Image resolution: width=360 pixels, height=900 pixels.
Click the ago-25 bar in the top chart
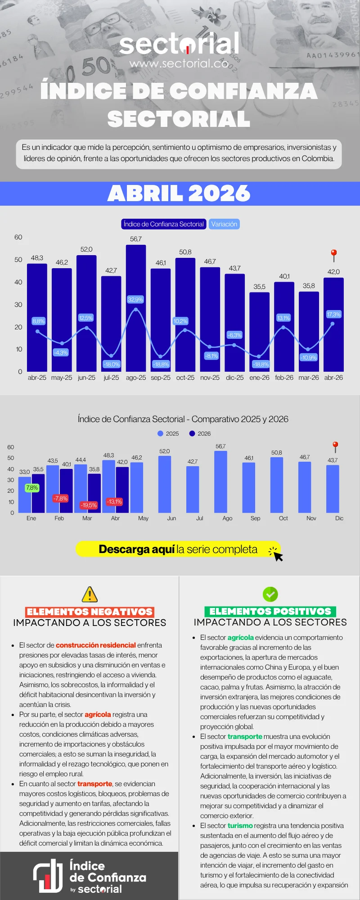[136, 308]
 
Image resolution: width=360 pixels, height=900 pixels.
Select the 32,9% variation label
[135, 299]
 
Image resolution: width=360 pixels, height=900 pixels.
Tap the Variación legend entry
[224, 224]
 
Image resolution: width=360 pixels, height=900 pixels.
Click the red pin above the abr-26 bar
[334, 256]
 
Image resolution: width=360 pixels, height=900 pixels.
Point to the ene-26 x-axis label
[260, 378]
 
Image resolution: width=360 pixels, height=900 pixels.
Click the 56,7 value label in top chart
[136, 239]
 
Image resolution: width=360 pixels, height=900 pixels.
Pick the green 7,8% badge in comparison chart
[32, 488]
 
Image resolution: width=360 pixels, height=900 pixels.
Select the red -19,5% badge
[89, 505]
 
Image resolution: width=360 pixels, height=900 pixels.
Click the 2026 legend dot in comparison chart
[192, 433]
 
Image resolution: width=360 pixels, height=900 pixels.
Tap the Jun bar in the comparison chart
[165, 484]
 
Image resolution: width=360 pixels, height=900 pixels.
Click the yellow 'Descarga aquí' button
[178, 549]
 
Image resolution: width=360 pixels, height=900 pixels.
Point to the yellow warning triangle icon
[90, 594]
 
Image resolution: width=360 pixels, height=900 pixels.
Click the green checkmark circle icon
[270, 594]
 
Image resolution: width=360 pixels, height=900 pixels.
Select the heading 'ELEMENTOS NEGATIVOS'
[90, 612]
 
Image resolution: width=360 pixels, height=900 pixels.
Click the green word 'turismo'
[240, 825]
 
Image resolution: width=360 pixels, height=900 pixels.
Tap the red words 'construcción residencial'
[96, 645]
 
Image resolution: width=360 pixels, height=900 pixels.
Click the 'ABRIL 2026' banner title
[179, 193]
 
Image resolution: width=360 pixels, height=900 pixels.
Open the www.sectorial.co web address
[179, 63]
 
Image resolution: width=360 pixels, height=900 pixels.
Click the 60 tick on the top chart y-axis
[18, 237]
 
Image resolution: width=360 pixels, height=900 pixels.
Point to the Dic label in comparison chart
[339, 518]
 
